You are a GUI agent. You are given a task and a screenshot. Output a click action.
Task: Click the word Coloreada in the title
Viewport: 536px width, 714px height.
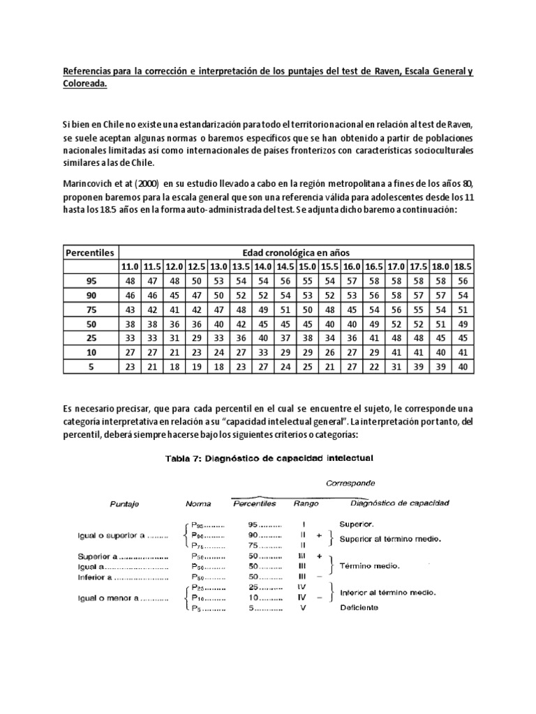(x=85, y=83)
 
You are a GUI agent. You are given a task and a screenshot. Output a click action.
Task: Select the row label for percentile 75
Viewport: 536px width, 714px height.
(x=91, y=309)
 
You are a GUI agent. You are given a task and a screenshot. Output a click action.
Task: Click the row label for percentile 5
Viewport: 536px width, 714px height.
(x=91, y=367)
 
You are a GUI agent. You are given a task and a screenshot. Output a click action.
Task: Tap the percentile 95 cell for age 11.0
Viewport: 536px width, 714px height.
(x=131, y=280)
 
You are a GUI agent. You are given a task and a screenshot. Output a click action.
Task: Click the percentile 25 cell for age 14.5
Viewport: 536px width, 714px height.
(x=285, y=338)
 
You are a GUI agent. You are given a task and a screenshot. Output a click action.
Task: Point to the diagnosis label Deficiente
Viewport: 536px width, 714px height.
(x=359, y=607)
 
